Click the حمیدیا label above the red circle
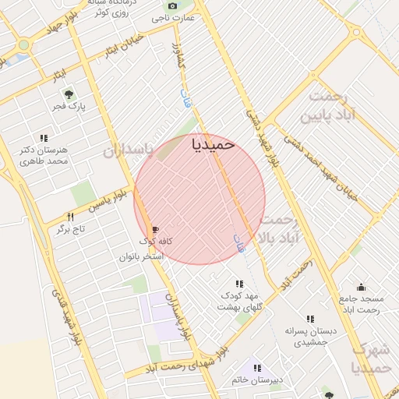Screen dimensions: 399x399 pos(212,144)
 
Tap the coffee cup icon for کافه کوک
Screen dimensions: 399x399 pos(155,229)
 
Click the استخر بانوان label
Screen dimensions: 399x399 pos(141,256)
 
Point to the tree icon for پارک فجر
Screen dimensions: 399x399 pos(69,94)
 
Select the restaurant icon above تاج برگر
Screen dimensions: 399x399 pos(70,217)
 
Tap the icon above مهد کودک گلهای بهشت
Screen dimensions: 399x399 pos(238,284)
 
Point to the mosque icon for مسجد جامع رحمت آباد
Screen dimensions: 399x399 pos(361,287)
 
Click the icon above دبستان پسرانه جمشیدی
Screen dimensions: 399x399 pos(310,319)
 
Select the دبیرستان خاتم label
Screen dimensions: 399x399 pos(252,380)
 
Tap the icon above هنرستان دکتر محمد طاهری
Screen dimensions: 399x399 pos(43,138)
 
